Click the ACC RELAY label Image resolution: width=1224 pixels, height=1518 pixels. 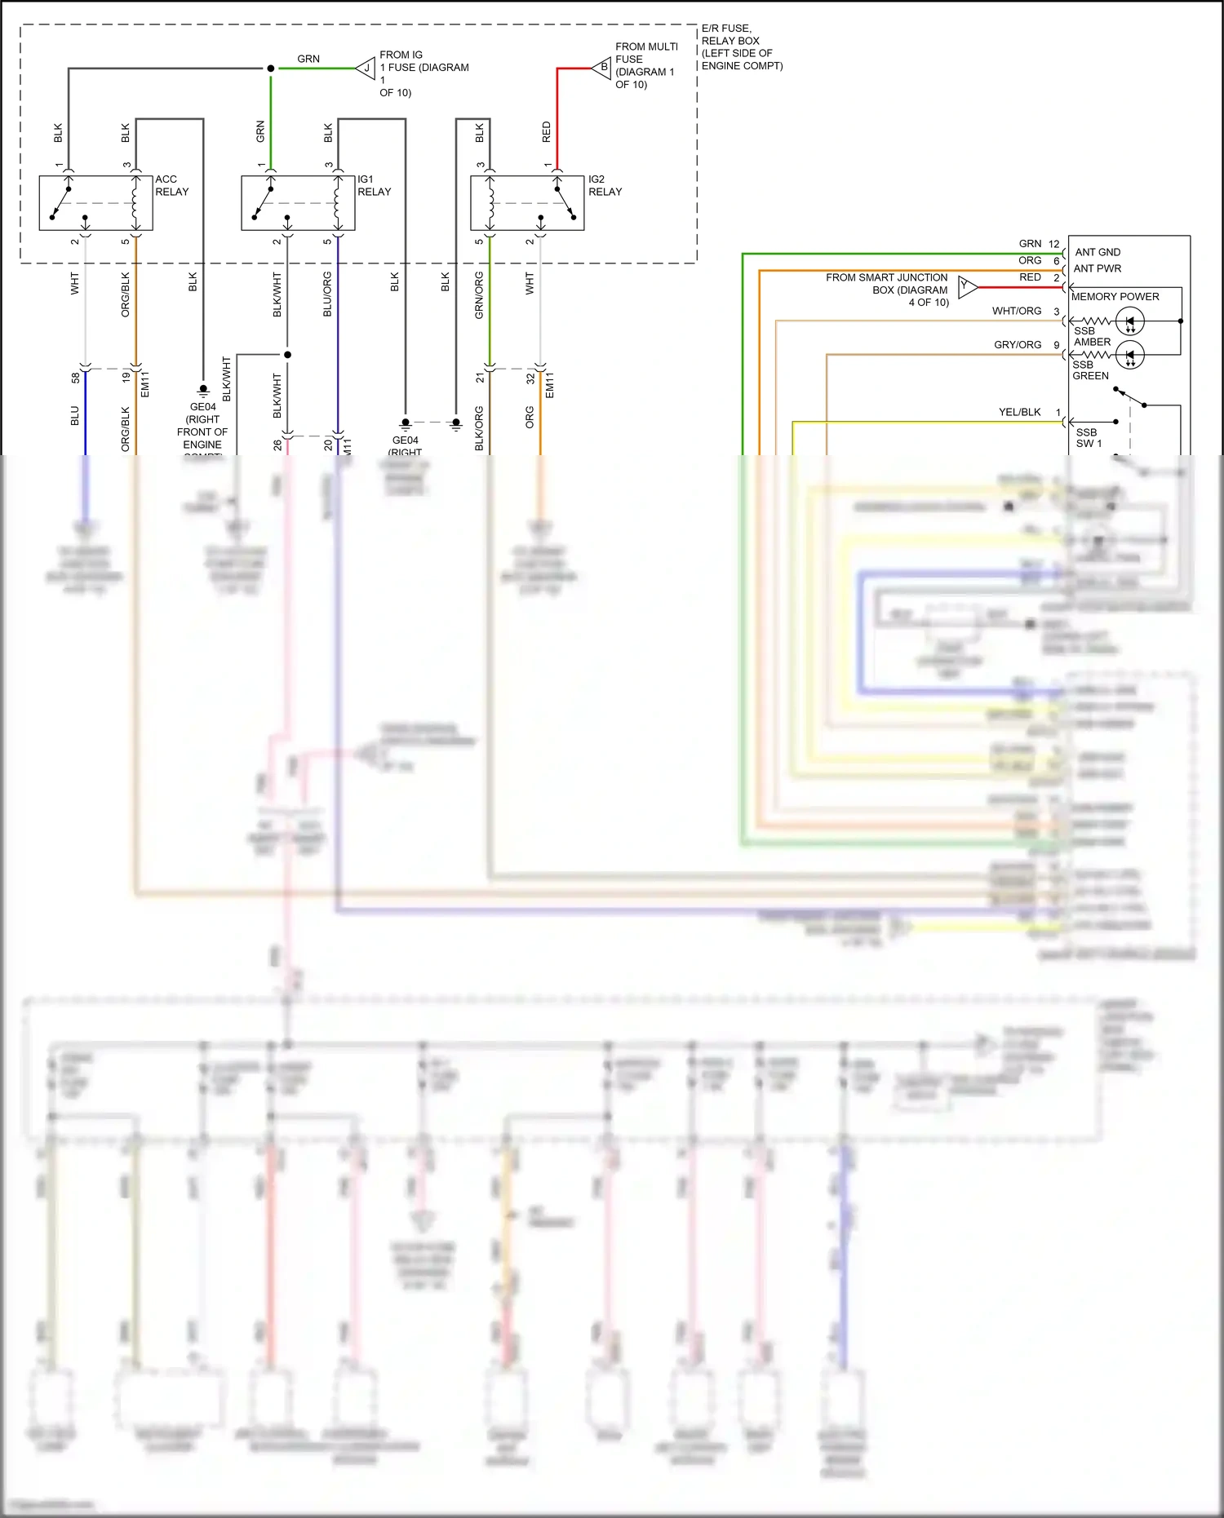pyautogui.click(x=171, y=185)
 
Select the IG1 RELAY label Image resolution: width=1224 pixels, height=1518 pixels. pyautogui.click(x=374, y=185)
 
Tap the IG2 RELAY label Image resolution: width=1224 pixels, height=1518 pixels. pyautogui.click(x=605, y=185)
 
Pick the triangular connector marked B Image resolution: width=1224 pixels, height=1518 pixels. pyautogui.click(x=602, y=68)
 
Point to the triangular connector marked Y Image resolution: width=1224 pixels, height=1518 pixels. pyautogui.click(x=967, y=286)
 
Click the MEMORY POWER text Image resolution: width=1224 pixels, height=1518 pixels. pyautogui.click(x=1115, y=297)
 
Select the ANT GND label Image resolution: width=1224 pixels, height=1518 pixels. pyautogui.click(x=1098, y=252)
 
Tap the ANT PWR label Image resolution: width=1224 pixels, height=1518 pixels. pyautogui.click(x=1097, y=268)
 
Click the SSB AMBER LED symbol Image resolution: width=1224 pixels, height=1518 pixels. pyautogui.click(x=1130, y=321)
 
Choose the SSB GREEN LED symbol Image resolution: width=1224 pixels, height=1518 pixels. pyautogui.click(x=1130, y=355)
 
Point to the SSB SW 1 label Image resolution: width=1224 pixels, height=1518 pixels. pyautogui.click(x=1088, y=438)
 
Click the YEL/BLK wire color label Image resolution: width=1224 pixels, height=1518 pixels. pyautogui.click(x=1019, y=412)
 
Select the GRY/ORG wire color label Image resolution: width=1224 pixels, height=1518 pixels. pyautogui.click(x=1017, y=345)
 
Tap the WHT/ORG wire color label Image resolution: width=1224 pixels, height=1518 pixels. pyautogui.click(x=1016, y=311)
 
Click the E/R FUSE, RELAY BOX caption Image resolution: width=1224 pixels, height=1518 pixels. pyautogui.click(x=741, y=47)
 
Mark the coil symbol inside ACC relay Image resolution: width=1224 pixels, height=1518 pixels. pyautogui.click(x=135, y=204)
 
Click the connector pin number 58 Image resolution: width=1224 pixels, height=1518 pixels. pyautogui.click(x=75, y=378)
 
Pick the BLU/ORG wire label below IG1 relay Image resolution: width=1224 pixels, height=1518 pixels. pyautogui.click(x=327, y=294)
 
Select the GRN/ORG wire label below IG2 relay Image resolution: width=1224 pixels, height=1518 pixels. pyautogui.click(x=479, y=295)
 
